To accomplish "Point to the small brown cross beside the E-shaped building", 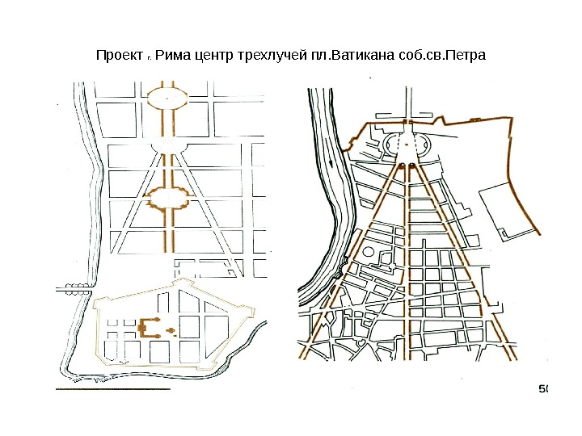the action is click(x=170, y=329).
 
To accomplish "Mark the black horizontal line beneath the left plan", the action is click(x=112, y=389).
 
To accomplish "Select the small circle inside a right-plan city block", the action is click(x=369, y=253).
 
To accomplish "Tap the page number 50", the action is click(x=543, y=390).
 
